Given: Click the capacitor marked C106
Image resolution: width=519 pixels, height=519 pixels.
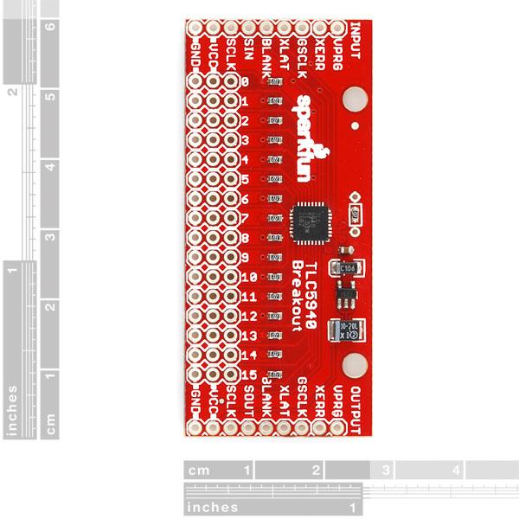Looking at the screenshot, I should [348, 269].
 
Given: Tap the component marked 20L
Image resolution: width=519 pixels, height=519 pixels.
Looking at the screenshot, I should [348, 327].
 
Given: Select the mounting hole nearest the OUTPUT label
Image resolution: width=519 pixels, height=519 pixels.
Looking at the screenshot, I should [353, 364].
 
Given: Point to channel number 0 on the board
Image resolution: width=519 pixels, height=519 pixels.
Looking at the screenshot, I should [246, 82].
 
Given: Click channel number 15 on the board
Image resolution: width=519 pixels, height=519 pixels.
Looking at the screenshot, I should [247, 375].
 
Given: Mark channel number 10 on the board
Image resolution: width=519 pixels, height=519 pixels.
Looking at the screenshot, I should [247, 278].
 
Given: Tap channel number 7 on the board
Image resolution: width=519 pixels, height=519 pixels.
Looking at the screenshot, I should [246, 218].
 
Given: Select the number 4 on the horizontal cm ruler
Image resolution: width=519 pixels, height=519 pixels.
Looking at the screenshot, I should [456, 471].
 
